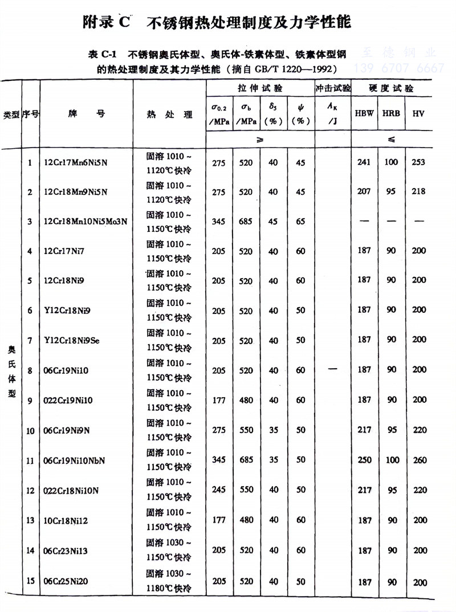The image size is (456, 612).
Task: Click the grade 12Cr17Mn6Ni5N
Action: click(x=75, y=163)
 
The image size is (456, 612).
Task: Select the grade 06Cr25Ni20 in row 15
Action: click(x=67, y=582)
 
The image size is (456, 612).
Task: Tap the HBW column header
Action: click(x=364, y=113)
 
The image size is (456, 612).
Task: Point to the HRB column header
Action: click(x=391, y=113)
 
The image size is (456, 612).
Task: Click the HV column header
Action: click(x=420, y=113)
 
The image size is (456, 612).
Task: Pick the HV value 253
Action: click(x=419, y=162)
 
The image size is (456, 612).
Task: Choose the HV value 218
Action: click(x=419, y=191)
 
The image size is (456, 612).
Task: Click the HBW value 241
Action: click(x=364, y=162)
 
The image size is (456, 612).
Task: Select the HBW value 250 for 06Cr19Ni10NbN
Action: click(x=364, y=460)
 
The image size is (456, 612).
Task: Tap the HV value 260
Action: click(x=419, y=460)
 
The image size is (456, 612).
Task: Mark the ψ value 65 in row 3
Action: click(x=301, y=221)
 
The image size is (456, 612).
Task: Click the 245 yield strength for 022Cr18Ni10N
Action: click(x=219, y=489)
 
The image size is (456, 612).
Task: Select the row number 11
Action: click(x=30, y=460)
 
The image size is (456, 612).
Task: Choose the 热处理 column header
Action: click(x=169, y=114)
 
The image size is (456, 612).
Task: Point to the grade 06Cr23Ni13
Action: click(x=67, y=551)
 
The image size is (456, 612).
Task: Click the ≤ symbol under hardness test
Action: click(x=392, y=140)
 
